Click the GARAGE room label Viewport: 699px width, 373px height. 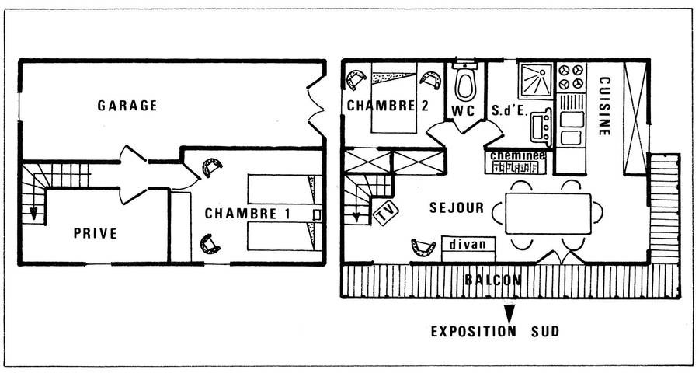[128, 105]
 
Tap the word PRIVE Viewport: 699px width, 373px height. [96, 232]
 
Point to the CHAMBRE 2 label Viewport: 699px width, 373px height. [388, 106]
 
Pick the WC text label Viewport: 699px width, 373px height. [464, 110]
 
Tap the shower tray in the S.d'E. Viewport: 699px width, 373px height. [534, 78]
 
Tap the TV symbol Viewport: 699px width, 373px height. [384, 211]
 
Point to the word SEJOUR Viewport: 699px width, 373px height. [457, 208]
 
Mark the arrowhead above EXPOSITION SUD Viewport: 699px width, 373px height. [509, 312]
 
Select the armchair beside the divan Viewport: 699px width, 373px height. [424, 247]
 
